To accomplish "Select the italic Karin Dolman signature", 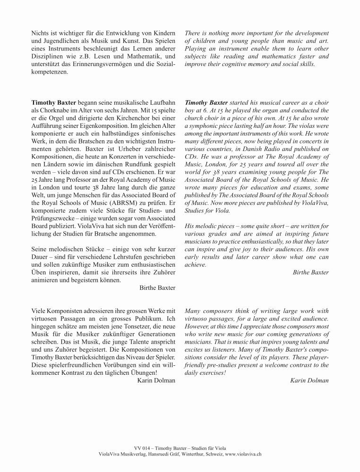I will [309, 380].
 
